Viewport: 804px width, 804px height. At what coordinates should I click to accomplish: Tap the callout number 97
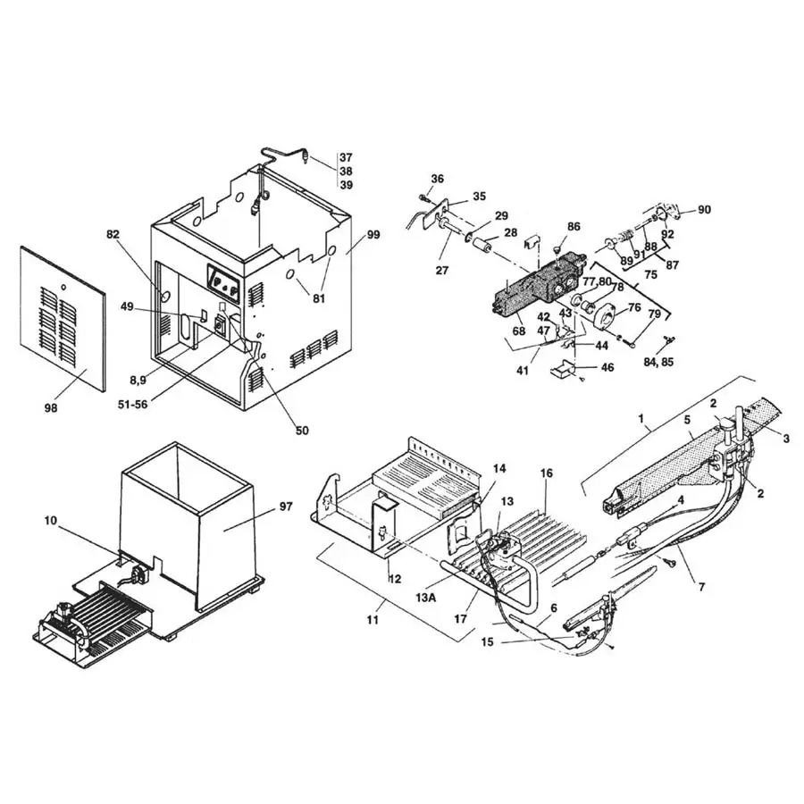[x=285, y=507]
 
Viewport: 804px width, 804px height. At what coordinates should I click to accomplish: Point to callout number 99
[x=373, y=235]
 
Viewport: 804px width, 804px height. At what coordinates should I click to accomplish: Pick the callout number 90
[x=704, y=209]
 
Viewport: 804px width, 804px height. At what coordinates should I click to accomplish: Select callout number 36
[x=437, y=179]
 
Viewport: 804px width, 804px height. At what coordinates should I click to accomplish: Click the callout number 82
[x=113, y=234]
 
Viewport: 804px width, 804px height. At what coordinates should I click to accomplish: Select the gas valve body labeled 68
[x=536, y=290]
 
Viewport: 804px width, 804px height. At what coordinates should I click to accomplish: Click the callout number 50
[x=302, y=430]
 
